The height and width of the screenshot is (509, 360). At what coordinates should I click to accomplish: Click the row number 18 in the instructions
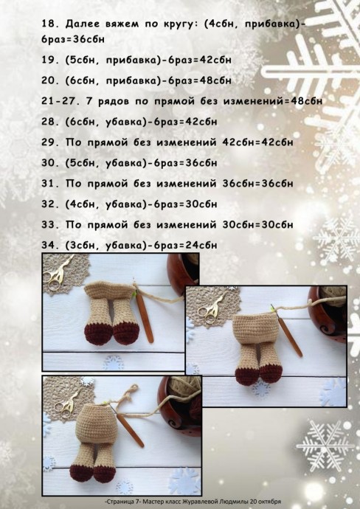click(49, 23)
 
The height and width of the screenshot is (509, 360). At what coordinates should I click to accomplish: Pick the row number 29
click(49, 142)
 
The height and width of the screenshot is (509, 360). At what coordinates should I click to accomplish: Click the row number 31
click(49, 182)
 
